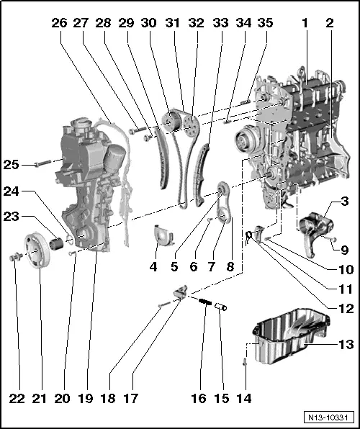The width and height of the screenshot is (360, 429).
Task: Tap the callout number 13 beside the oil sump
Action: pyautogui.click(x=346, y=345)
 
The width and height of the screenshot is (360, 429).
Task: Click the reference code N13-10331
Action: pyautogui.click(x=328, y=417)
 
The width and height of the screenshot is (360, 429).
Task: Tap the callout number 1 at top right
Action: pyautogui.click(x=305, y=22)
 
